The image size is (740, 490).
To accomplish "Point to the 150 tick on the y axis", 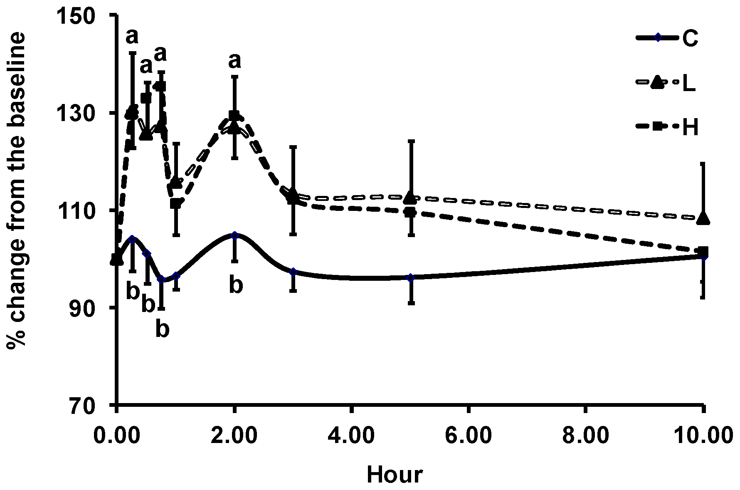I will point(87,15).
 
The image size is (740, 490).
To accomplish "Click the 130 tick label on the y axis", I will point(87,113).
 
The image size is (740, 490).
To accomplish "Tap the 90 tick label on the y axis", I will point(94,308).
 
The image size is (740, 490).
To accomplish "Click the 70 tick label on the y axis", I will point(94,405).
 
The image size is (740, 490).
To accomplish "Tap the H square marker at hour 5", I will point(410,212).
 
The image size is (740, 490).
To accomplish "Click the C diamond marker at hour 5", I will point(411,278).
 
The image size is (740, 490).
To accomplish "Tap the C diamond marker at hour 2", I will point(235,235).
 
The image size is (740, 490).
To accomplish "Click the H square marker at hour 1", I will point(176,203).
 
